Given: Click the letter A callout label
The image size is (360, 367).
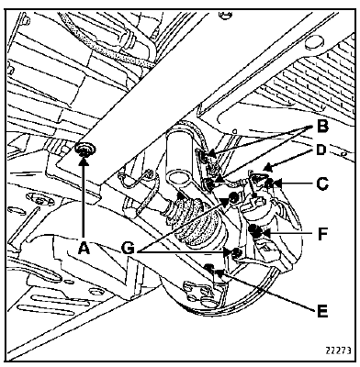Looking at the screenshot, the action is pos(84,247).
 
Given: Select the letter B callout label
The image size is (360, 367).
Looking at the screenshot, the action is pos(321,127).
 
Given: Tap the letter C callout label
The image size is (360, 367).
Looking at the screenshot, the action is pos(322,184).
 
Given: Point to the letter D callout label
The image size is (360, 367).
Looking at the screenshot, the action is pos(321,150).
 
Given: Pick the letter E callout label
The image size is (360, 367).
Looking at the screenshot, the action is pos(322,311).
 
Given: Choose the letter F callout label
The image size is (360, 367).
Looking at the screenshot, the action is pos(322,235).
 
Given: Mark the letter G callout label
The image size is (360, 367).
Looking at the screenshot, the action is pos(129,248).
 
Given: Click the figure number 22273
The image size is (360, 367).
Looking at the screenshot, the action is pos(338,350).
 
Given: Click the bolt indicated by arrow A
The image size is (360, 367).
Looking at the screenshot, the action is pos(84,150).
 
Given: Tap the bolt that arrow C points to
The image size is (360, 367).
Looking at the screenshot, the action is pos(269,183).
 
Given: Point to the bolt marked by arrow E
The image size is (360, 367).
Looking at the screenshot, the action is pos(209,267).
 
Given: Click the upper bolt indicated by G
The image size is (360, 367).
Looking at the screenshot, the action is pos(233,197).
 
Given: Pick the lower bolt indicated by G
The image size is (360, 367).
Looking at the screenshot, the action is pos(237,252).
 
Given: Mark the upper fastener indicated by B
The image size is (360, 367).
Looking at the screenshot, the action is pos(205,157).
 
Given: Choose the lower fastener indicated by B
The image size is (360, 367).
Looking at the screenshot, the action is pos(208,184).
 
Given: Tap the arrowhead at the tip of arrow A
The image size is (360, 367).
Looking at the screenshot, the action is pos(84,160).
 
